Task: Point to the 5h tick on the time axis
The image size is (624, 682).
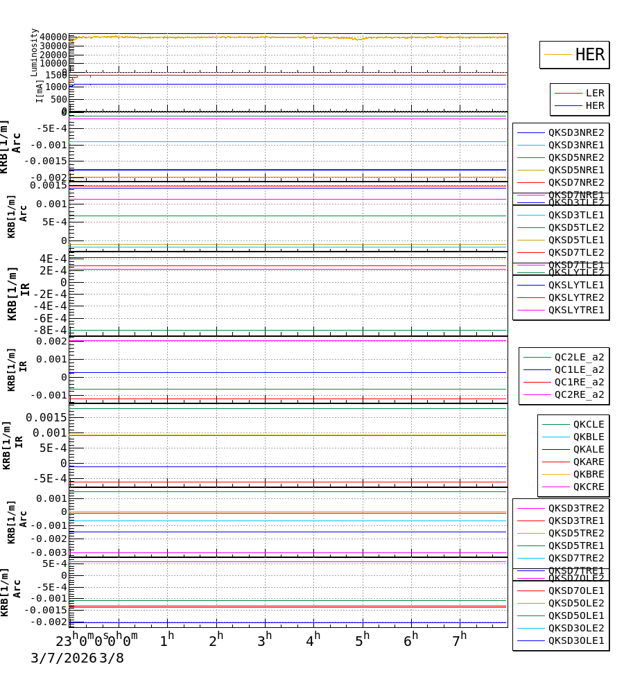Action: coord(362,640)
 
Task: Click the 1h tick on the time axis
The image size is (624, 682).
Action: coord(166,640)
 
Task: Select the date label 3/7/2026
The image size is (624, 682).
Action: coord(63,658)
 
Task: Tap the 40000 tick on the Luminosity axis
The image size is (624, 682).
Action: coord(53,37)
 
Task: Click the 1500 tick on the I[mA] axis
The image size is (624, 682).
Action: coord(56,75)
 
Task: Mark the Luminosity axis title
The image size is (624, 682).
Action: coord(34,52)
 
